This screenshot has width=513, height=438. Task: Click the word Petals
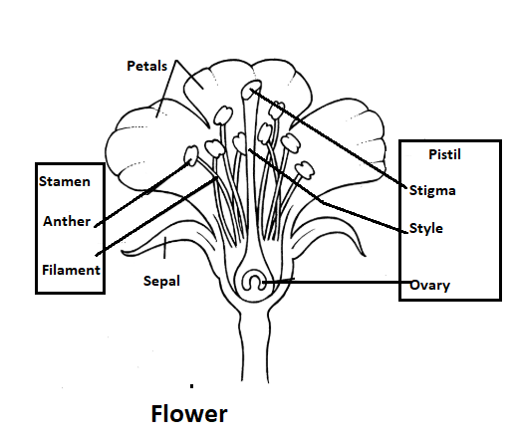[x=147, y=67]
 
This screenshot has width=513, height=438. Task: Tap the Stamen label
[x=65, y=181]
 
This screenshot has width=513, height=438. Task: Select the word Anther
[x=67, y=221]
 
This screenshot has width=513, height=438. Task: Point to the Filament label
[x=71, y=270]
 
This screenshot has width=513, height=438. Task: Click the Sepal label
[x=160, y=281]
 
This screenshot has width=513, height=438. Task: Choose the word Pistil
[x=444, y=155]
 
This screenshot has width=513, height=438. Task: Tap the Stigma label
[x=433, y=188]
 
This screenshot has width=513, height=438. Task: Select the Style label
[x=426, y=228]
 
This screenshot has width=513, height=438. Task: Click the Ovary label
[x=430, y=286]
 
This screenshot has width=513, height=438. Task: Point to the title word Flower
[x=189, y=412]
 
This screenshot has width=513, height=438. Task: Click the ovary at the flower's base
[x=256, y=282]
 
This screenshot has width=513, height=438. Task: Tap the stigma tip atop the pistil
[x=250, y=91]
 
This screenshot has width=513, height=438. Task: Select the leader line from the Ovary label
[x=349, y=283]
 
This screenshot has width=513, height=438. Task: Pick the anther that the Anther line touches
[x=191, y=154]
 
